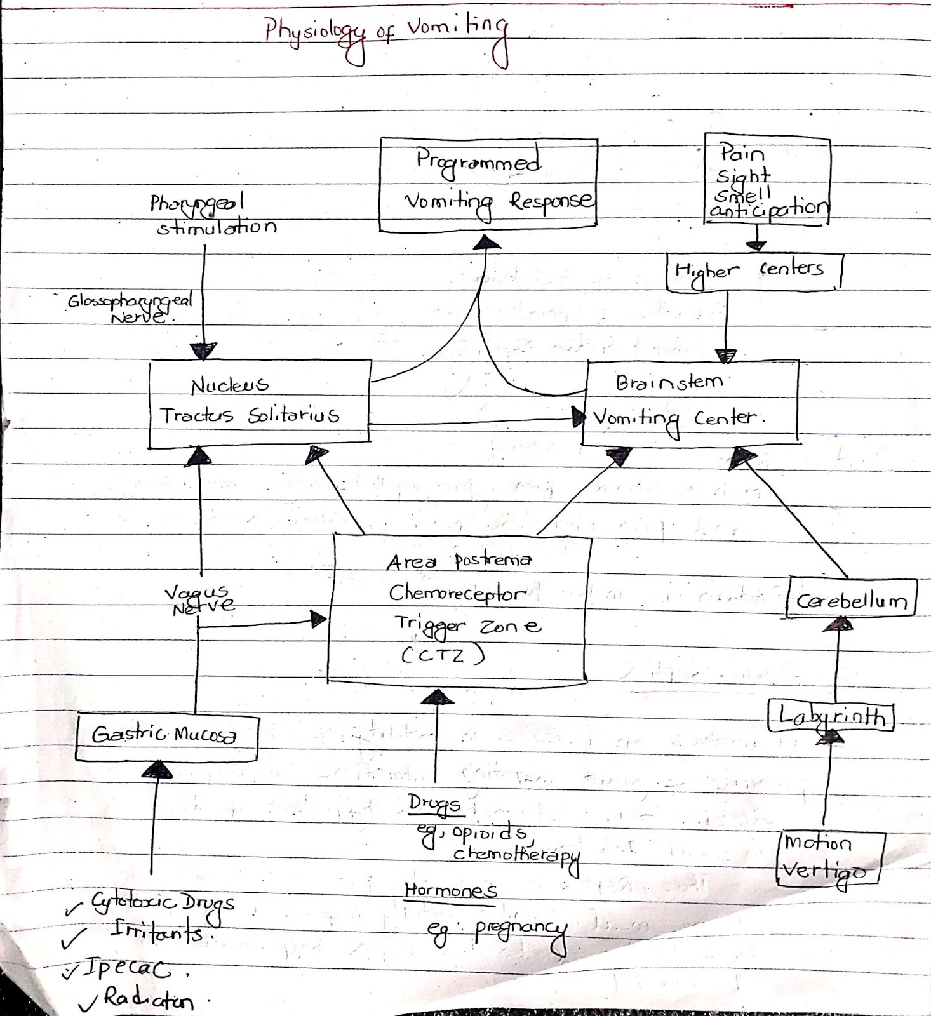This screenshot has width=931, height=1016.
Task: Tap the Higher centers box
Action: pos(753,272)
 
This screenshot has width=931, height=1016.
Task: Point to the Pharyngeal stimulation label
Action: pos(213,215)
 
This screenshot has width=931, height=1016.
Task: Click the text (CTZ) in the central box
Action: pos(443,655)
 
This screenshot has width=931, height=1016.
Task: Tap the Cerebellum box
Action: pos(851,600)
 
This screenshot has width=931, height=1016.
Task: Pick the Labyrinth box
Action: pos(831,717)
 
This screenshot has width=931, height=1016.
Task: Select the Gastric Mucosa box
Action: pos(166,737)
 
